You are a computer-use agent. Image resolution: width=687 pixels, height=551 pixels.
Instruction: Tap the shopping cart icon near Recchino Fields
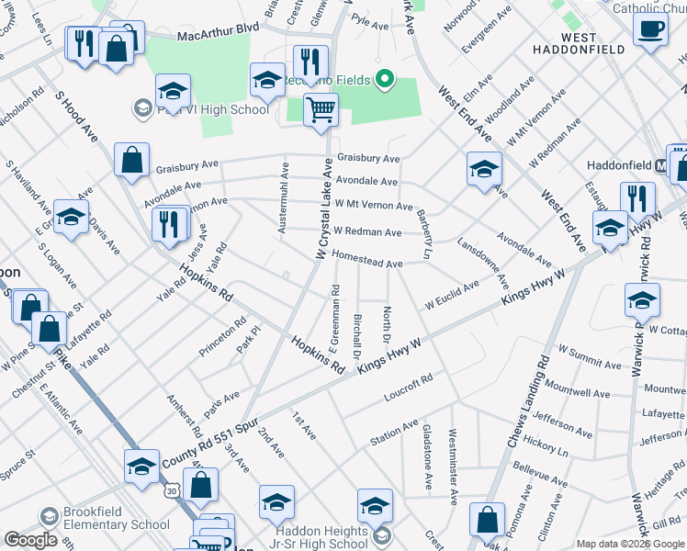(x=321, y=110)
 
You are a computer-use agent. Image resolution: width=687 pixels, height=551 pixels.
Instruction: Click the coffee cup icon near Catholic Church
(x=650, y=28)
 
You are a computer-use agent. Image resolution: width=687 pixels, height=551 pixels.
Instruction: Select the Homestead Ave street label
(x=367, y=263)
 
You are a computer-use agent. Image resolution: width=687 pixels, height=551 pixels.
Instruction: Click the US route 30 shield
(x=171, y=492)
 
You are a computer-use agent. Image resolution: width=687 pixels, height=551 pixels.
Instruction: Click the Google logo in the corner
(x=30, y=539)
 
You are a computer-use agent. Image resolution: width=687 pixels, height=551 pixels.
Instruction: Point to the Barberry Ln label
(x=425, y=234)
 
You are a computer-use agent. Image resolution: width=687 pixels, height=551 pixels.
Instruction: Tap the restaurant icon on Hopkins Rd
(x=170, y=224)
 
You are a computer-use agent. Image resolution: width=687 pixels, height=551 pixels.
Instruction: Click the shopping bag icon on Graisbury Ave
(x=132, y=160)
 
